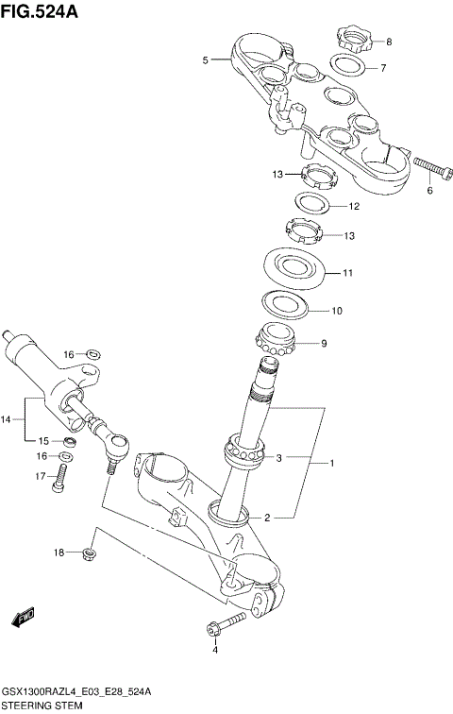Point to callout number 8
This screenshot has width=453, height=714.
(x=389, y=42)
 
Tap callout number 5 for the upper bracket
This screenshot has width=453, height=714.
(x=205, y=60)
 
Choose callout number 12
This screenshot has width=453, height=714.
(x=354, y=206)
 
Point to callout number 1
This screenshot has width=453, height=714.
(x=330, y=464)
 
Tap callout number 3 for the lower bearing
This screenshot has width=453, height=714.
(x=278, y=459)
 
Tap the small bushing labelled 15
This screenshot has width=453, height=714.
(x=71, y=441)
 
